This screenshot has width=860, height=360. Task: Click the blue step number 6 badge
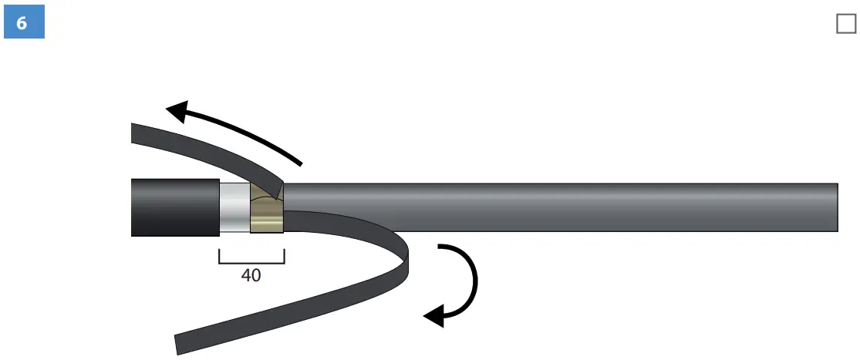coord(22,23)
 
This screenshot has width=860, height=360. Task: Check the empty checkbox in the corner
coord(846,25)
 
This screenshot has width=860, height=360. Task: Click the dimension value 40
coord(251,274)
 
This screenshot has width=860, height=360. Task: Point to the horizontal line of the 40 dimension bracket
coord(251,263)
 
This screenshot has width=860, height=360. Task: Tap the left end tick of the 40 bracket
coord(219,256)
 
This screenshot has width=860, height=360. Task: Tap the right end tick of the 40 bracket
coord(285,256)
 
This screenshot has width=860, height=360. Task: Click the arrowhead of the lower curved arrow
coord(434,314)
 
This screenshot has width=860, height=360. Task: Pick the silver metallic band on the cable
coord(234,208)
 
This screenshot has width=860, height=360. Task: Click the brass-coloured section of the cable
coord(267,216)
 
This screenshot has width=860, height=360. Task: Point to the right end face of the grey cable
coord(837,207)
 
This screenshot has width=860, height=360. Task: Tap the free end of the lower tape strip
coord(178,344)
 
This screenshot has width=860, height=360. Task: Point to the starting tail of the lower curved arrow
coord(440,248)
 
